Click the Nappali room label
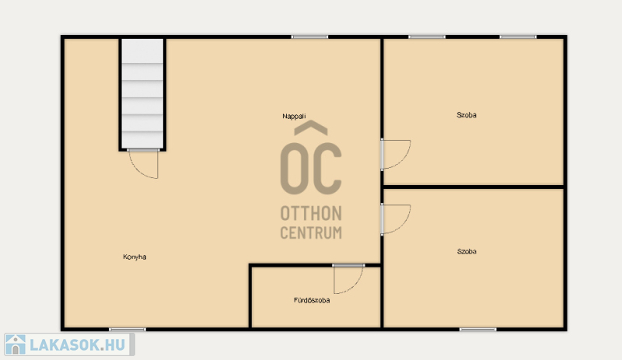[x=294, y=117]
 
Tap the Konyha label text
[x=135, y=257]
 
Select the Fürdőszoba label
[x=312, y=300]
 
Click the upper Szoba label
[x=466, y=115]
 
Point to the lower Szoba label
[x=466, y=251]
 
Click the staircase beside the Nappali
[x=142, y=93]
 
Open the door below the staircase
[x=143, y=164]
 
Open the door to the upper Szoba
[x=396, y=155]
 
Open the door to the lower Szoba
[x=396, y=219]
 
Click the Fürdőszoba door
[x=348, y=279]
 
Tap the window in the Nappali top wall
[x=309, y=37]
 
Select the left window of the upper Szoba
[x=427, y=37]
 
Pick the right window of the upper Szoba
[x=518, y=37]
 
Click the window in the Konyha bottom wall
[x=128, y=330]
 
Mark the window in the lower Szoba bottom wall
[x=478, y=330]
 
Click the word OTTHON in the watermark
[x=311, y=214]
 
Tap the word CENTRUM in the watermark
[x=311, y=232]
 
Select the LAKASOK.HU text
[x=78, y=345]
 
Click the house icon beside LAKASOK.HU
[x=16, y=344]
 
